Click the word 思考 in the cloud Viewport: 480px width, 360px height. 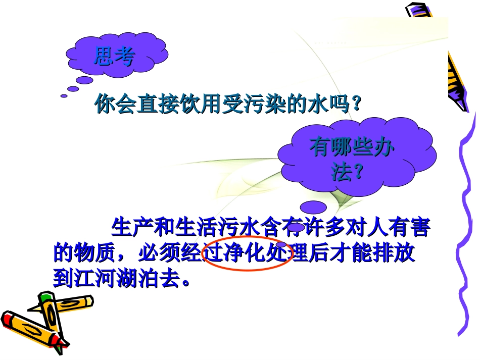pos(114,57)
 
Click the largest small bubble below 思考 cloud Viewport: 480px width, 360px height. pos(84,80)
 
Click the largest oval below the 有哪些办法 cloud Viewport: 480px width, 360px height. pos(313,207)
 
